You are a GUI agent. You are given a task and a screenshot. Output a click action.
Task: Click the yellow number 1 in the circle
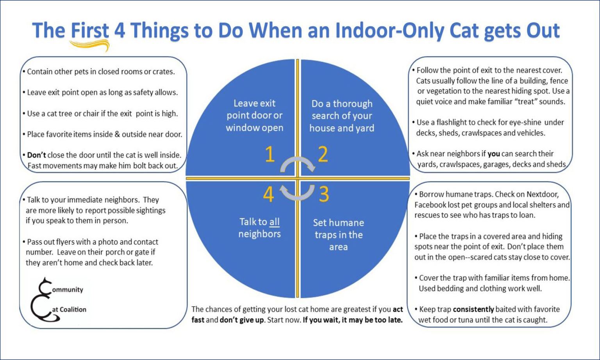tap(270, 155)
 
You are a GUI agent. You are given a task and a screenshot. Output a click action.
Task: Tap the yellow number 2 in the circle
tap(323, 155)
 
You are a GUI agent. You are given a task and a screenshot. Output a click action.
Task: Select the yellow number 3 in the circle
tap(324, 194)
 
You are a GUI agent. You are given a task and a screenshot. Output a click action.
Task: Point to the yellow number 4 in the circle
tap(268, 194)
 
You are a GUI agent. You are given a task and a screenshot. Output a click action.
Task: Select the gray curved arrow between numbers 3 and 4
tap(298, 192)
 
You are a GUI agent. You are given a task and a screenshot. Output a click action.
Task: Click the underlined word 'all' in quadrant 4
tap(275, 222)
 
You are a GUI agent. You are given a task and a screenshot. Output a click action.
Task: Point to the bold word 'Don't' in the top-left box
tap(37, 155)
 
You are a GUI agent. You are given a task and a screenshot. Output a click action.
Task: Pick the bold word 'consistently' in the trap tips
tap(473, 309)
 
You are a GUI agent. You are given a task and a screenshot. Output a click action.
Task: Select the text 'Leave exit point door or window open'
tap(254, 116)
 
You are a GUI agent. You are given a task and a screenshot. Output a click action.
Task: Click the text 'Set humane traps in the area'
tap(338, 235)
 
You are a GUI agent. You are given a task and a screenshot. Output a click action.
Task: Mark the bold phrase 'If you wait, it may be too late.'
tap(353, 320)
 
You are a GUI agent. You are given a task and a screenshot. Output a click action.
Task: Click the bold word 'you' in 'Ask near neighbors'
tap(494, 153)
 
